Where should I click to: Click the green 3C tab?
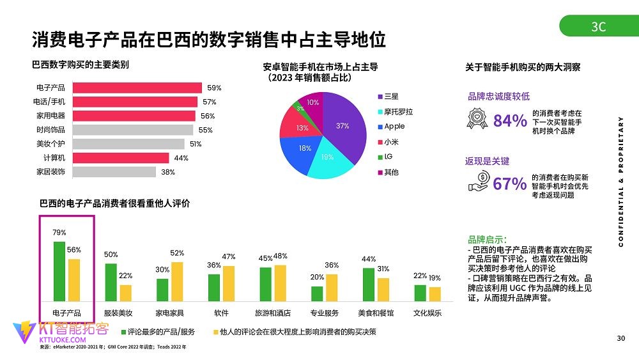[x=598, y=26]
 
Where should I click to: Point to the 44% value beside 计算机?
[x=181, y=158]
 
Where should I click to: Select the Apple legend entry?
[x=394, y=127]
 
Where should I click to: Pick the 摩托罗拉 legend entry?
[x=397, y=111]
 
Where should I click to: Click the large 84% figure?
[x=510, y=120]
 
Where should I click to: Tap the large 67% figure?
[x=510, y=184]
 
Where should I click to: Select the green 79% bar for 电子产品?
[x=59, y=271]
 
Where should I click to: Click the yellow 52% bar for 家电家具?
[x=177, y=281]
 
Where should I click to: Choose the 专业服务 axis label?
[x=325, y=313]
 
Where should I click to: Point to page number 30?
[x=620, y=338]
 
